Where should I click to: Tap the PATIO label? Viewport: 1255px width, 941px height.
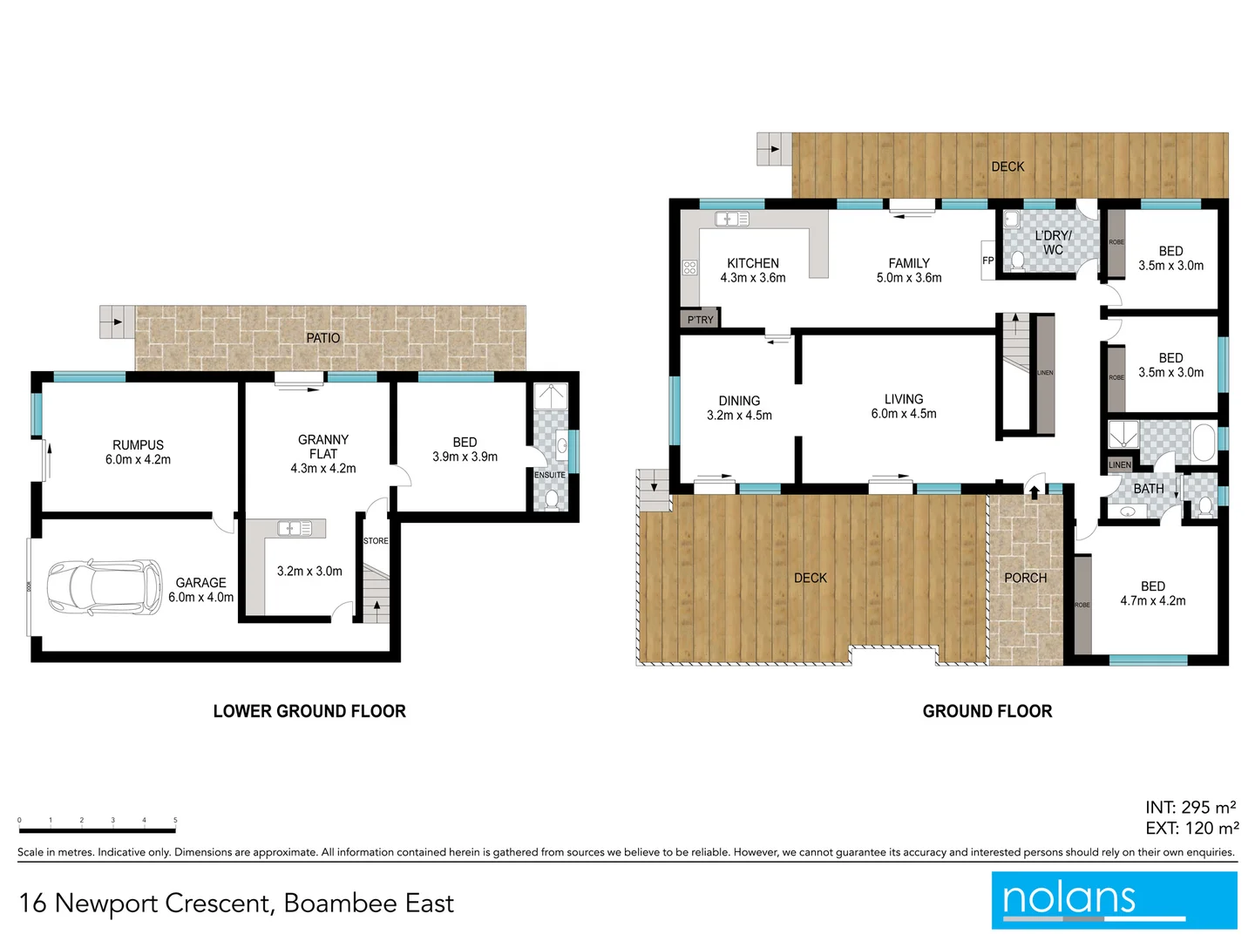(322, 338)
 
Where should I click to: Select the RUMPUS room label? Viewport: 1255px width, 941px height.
(138, 445)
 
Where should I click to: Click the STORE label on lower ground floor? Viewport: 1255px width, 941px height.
(376, 541)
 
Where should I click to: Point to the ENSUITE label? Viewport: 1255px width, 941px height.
(550, 475)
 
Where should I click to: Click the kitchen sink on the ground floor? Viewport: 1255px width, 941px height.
(731, 219)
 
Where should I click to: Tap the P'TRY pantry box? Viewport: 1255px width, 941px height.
(700, 319)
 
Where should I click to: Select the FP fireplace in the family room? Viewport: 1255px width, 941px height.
(987, 261)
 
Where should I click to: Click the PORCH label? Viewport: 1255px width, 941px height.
(1025, 578)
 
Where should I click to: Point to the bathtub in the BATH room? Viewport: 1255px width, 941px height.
(1204, 442)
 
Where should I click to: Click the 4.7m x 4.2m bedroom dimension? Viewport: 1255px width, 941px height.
(1152, 601)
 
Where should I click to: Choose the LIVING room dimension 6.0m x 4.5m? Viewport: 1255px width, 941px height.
(904, 414)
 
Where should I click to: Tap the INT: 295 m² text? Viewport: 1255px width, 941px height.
(1190, 808)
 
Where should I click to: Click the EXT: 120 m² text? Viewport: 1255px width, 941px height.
(1191, 829)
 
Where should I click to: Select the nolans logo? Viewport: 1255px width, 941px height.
(1114, 900)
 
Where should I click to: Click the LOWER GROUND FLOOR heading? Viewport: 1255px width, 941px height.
(309, 711)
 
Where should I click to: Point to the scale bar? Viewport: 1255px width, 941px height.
(98, 829)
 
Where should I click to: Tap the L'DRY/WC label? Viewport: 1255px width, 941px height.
(1053, 243)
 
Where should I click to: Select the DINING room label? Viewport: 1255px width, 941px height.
(739, 401)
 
